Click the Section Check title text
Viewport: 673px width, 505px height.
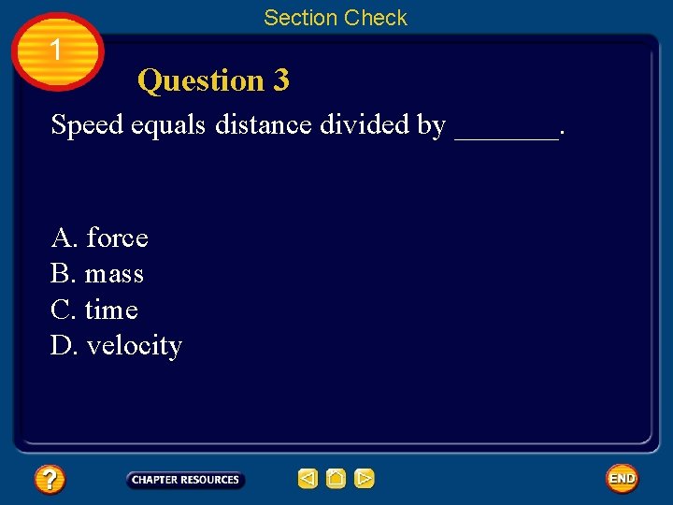[336, 18]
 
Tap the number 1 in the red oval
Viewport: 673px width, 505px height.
[56, 50]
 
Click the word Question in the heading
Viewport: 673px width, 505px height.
[201, 81]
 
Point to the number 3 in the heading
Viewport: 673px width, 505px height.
[280, 81]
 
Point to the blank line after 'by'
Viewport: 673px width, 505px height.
[506, 131]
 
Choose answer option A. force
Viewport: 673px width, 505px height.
[100, 238]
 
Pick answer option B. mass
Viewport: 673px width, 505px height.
[97, 274]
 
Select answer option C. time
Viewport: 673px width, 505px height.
[94, 310]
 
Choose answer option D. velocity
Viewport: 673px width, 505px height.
[116, 346]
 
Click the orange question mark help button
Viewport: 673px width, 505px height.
[50, 480]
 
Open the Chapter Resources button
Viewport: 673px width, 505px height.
[185, 480]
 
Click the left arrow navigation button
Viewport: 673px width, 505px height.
[308, 480]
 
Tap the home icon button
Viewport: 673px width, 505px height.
[336, 480]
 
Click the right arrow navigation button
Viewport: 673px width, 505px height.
[365, 480]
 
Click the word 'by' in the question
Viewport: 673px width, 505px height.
[432, 125]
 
